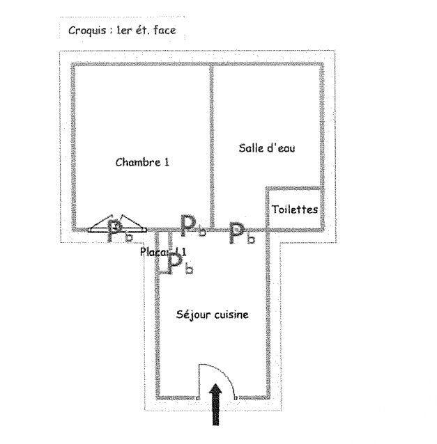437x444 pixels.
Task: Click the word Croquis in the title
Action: (86, 31)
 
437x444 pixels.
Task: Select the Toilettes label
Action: (295, 209)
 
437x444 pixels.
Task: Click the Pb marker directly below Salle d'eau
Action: (242, 233)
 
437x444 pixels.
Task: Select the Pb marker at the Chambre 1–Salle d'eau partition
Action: (192, 225)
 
